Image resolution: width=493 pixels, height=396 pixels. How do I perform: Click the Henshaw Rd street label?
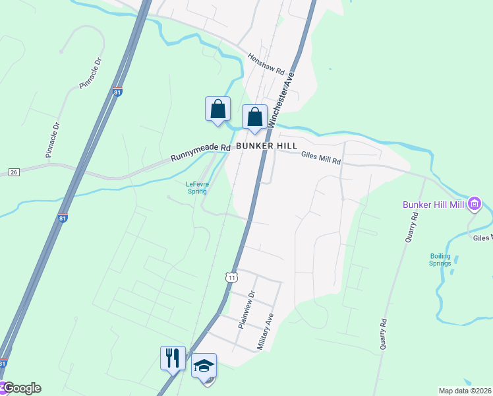pos(266,63)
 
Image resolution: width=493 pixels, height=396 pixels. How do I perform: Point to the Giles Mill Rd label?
pos(321,157)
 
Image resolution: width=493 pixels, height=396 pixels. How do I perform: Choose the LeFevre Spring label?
pos(196,187)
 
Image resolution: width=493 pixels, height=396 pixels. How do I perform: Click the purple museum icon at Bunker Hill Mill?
pos(474,205)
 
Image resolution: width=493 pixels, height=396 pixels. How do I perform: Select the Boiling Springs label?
pos(440,259)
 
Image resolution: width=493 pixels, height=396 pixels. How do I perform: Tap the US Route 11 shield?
pos(231,278)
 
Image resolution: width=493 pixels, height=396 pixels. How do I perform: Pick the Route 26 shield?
pos(13,172)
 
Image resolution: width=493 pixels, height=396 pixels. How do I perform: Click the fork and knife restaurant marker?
pos(173,358)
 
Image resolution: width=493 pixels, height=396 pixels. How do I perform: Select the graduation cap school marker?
pos(204,365)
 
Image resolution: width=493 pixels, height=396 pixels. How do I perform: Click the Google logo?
pos(22,388)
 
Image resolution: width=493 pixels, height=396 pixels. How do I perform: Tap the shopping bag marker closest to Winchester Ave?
pos(254,117)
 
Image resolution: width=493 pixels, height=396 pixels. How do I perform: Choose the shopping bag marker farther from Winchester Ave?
pos(217,109)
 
